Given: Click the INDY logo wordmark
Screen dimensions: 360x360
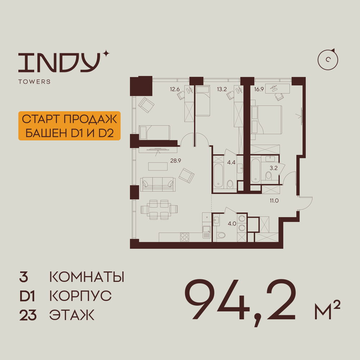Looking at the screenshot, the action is coord(59,62).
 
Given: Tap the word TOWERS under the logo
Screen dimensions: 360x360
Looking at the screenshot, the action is coord(35,82).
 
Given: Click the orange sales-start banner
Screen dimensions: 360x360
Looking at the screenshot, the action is coord(69,126).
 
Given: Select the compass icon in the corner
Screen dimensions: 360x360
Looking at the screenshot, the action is coord(328,60).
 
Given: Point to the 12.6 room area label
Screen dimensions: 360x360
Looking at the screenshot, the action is coord(175,89).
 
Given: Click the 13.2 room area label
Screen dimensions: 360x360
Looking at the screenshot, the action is coord(222,89).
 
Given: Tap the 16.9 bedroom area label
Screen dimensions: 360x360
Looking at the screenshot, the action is coord(259,89).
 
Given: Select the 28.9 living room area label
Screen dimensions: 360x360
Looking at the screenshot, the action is coord(176,161).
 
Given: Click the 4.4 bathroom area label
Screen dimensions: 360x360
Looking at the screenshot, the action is coord(231,163).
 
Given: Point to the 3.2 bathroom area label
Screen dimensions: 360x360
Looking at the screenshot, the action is coord(274,168).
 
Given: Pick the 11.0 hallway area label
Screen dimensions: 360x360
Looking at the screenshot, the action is coord(274,201).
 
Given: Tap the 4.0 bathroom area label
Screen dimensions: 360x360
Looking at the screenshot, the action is coord(232,224).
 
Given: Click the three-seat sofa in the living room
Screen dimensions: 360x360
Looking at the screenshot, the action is coord(158,184).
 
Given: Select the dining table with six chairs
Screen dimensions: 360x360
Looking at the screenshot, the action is coord(159,210).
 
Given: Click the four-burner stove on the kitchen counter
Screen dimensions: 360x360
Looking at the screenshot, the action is coord(184,237).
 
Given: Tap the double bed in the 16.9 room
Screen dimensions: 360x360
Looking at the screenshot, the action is coord(266,120).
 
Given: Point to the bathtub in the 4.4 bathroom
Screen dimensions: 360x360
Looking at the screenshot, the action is coord(219,175).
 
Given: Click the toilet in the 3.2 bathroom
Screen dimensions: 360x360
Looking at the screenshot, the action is coord(268,176).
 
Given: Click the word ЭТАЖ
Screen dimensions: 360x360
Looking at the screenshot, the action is coord(72,315).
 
